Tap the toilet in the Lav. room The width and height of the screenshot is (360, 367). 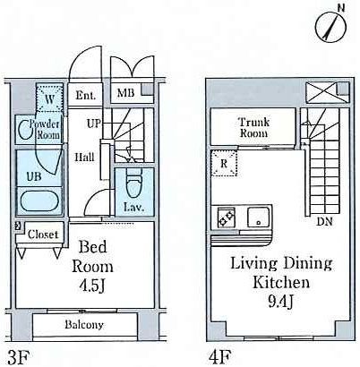(134, 184)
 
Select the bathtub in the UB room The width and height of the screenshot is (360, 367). (39, 201)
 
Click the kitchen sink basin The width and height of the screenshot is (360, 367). (258, 217)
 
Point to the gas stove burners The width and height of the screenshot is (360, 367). (227, 218)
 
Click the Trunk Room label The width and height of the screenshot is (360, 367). (253, 127)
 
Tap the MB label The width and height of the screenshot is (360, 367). (125, 93)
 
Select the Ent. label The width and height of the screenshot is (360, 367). (86, 95)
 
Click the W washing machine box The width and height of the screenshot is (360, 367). (49, 98)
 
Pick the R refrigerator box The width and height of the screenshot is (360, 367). (224, 163)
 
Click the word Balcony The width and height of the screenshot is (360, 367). (84, 325)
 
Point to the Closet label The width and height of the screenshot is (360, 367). (42, 235)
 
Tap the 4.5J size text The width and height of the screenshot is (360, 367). (91, 286)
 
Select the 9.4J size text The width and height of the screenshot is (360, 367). (280, 302)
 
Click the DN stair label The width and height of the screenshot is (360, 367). (324, 221)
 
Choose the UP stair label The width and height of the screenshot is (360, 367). (94, 124)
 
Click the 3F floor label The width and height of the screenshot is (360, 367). (19, 357)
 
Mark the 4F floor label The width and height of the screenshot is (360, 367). (220, 356)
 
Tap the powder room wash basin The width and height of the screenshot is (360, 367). (24, 129)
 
